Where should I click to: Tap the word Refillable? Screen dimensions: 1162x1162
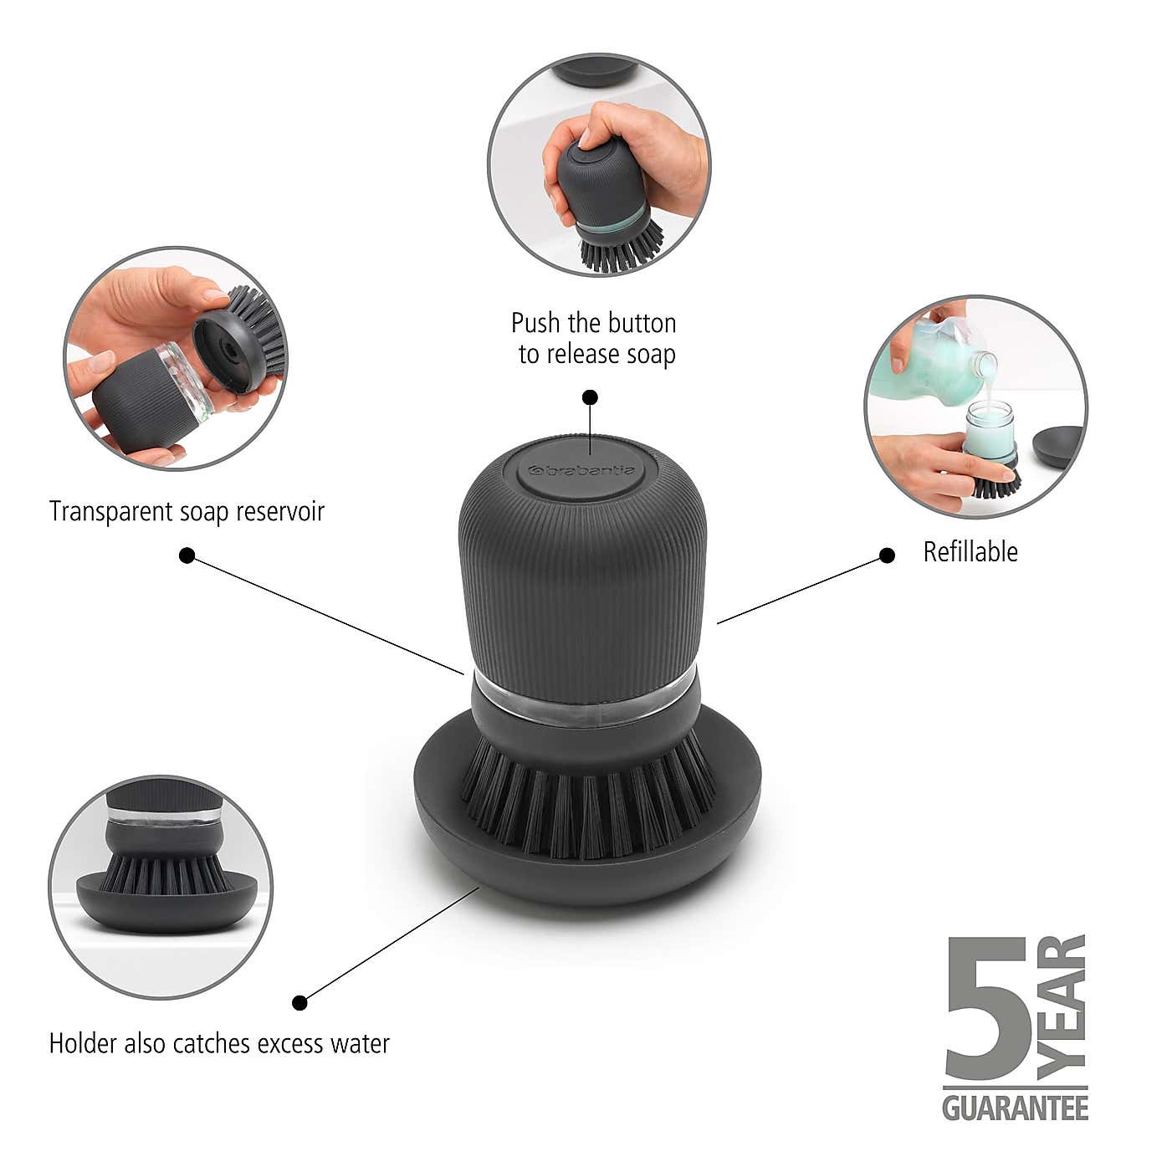pyautogui.click(x=970, y=552)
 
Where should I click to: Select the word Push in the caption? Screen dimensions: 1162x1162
pyautogui.click(x=535, y=323)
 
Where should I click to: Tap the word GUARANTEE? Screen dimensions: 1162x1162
pyautogui.click(x=1015, y=1108)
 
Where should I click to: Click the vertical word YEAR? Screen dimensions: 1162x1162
pyautogui.click(x=1062, y=1006)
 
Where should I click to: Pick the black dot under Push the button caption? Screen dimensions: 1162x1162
pyautogui.click(x=590, y=397)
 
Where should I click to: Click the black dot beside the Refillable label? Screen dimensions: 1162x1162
pyautogui.click(x=887, y=555)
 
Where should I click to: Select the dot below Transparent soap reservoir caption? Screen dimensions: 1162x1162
pyautogui.click(x=187, y=555)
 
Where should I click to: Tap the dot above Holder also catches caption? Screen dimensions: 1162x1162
pyautogui.click(x=299, y=1002)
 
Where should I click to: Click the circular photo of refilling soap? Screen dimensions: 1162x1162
pyautogui.click(x=975, y=407)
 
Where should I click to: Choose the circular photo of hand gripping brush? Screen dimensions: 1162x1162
pyautogui.click(x=599, y=165)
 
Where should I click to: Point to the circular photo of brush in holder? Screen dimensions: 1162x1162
pyautogui.click(x=161, y=887)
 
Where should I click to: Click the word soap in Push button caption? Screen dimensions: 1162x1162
pyautogui.click(x=651, y=354)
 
